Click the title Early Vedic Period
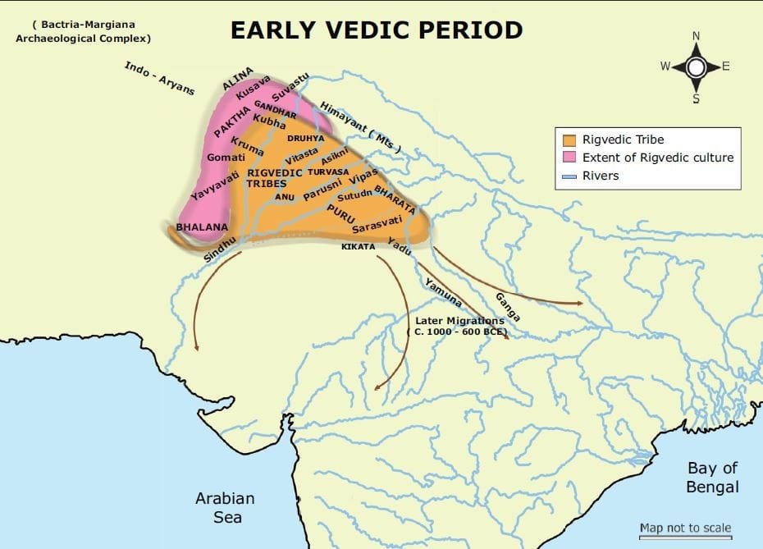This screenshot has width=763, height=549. (x=376, y=30)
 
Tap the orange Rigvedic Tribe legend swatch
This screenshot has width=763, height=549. (x=569, y=140)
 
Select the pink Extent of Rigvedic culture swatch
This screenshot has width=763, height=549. (x=569, y=158)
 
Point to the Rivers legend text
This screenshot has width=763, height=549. (x=601, y=175)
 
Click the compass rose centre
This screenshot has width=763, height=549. (x=696, y=67)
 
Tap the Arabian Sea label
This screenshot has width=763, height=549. (x=225, y=507)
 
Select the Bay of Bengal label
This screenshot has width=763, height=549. (x=713, y=477)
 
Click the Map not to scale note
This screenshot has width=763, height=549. (x=685, y=528)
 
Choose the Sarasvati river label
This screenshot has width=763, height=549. (x=377, y=224)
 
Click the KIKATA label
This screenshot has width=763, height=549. (x=359, y=246)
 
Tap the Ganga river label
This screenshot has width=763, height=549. (x=508, y=304)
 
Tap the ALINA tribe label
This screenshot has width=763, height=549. (x=238, y=79)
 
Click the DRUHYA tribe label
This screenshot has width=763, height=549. (x=305, y=139)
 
